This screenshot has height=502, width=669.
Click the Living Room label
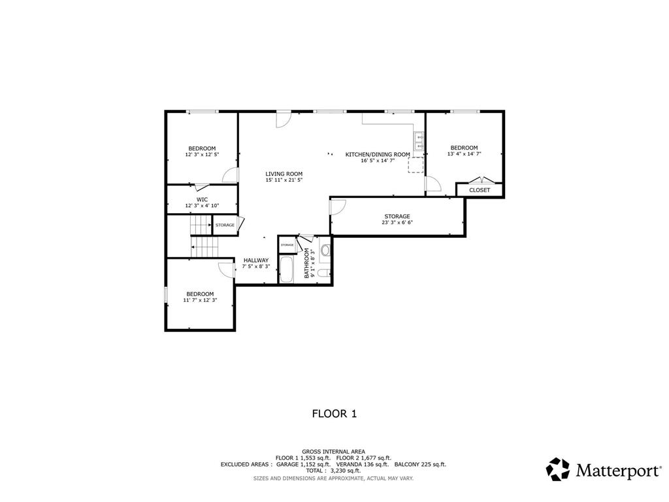(284, 174)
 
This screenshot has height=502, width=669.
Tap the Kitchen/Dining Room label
(378, 154)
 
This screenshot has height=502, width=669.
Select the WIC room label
(203, 199)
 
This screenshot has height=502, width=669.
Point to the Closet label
(480, 190)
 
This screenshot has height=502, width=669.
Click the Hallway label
(256, 260)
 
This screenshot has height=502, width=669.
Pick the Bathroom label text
(306, 263)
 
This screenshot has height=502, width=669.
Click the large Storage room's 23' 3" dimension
(389, 222)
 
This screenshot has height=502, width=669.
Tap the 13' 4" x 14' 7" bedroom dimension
(465, 154)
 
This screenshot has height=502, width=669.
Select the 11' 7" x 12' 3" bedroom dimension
(200, 300)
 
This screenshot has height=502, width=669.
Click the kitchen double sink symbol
(419, 141)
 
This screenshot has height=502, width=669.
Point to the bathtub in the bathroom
(286, 270)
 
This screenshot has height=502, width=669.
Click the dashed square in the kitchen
(416, 165)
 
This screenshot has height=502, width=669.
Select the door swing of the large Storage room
(338, 208)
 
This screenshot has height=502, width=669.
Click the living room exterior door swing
(283, 120)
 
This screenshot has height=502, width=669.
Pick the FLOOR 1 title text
(334, 414)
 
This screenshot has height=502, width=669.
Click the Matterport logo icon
(558, 469)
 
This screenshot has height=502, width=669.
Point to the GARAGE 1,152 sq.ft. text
(303, 465)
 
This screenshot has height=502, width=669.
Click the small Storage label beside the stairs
(225, 225)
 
